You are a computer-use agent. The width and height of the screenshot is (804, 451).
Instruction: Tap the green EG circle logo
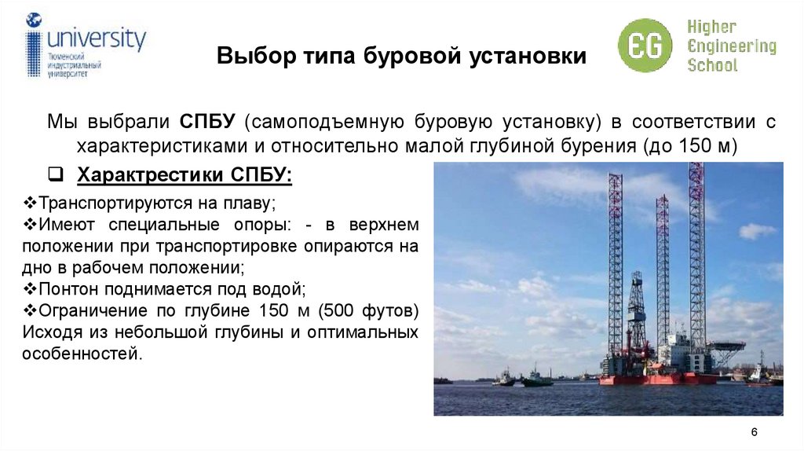[x=645, y=45]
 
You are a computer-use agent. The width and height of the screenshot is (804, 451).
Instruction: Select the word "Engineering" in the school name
[x=732, y=46]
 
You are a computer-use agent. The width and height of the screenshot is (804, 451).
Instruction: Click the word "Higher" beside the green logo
[x=713, y=27]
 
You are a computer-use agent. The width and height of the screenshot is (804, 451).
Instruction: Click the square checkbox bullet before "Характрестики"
[x=56, y=174]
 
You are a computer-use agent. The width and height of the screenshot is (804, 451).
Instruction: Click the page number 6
[x=754, y=432]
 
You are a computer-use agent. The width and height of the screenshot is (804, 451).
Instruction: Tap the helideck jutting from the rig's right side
[x=725, y=346]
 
